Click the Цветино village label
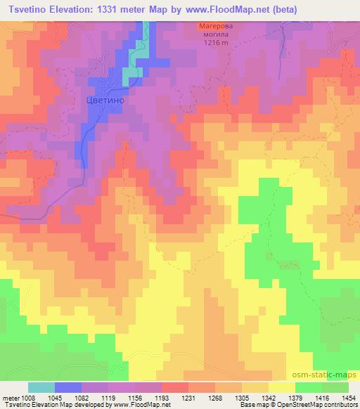pyautogui.click(x=106, y=100)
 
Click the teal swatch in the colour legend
pyautogui.click(x=41, y=387)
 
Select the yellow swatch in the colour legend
pyautogui.click(x=281, y=387)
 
